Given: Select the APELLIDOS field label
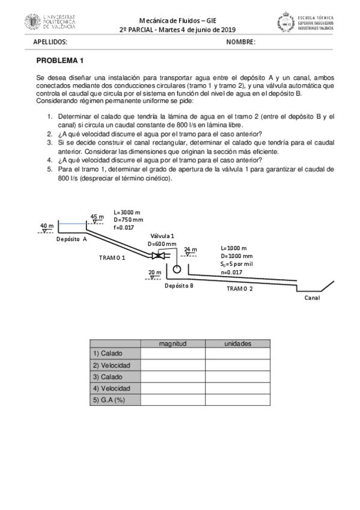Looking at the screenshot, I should [50, 42].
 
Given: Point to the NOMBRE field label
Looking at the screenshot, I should [240, 42].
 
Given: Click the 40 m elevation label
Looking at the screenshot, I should [47, 226].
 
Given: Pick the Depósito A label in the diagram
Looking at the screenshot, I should [72, 239].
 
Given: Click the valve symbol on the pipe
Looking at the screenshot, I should [159, 256].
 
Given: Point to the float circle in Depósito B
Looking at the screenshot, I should [177, 269].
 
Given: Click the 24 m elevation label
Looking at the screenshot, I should [190, 249].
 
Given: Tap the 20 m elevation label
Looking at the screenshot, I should [154, 272].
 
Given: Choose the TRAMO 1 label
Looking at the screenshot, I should [112, 257].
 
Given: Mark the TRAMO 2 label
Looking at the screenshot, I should [239, 289].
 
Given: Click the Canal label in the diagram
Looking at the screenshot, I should [312, 298].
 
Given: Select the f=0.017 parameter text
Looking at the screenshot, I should [124, 228].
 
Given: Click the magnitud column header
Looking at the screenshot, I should [172, 343].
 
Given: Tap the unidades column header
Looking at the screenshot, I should [237, 343].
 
